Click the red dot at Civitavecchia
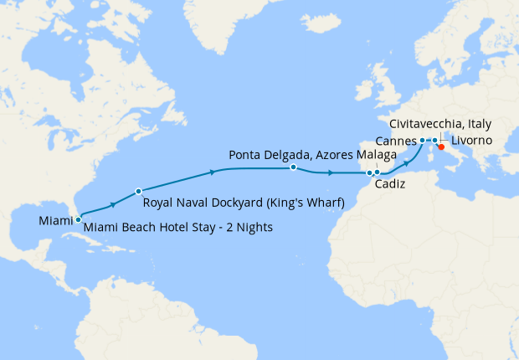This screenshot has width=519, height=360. click(x=441, y=147)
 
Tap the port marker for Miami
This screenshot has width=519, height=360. click(x=79, y=219)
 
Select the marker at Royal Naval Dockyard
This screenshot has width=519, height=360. click(x=137, y=192)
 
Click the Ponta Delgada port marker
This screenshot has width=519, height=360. click(x=293, y=167)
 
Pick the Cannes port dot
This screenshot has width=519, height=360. click(x=423, y=140)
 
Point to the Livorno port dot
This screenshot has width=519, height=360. click(x=434, y=140)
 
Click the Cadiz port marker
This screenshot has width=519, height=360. click(x=369, y=173)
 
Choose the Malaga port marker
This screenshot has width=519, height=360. click(x=378, y=172)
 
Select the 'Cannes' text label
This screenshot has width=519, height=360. click(x=397, y=139)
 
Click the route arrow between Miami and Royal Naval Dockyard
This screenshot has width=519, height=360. click(x=112, y=204)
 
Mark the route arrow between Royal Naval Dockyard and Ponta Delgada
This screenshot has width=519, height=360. click(x=213, y=172)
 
